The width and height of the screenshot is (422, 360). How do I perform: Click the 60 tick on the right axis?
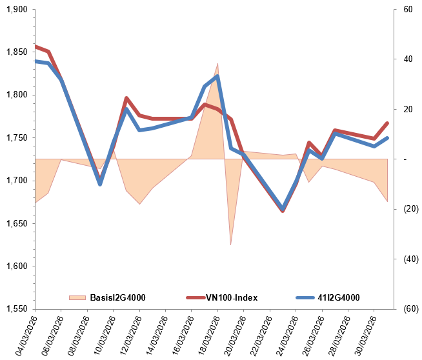click(407, 10)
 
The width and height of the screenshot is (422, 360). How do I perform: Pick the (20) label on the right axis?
click(410, 209)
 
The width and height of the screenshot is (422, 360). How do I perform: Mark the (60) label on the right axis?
click(410, 309)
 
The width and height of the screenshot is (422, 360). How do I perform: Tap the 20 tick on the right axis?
click(407, 110)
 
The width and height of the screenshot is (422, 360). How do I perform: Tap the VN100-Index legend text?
click(232, 297)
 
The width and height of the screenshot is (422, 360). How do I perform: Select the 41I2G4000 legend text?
click(339, 297)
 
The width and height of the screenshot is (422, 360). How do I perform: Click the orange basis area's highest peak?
click(217, 64)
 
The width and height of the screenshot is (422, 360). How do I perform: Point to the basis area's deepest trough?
click(230, 245)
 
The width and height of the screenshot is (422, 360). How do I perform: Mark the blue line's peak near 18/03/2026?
click(217, 76)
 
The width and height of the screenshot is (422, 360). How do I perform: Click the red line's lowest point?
click(283, 212)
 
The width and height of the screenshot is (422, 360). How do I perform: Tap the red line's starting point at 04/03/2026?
click(35, 46)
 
